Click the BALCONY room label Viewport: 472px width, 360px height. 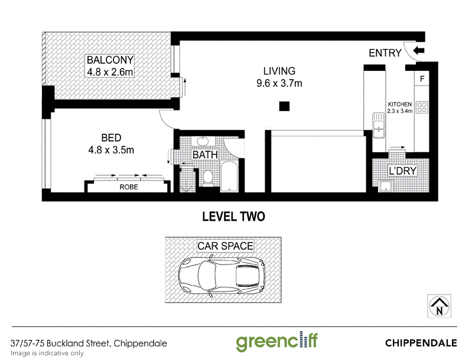click(x=110, y=60)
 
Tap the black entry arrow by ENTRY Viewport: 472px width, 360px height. click(x=418, y=51)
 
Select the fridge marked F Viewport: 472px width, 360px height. click(x=422, y=78)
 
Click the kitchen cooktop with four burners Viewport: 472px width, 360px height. click(x=422, y=107)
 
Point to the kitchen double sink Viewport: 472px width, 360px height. click(x=379, y=125)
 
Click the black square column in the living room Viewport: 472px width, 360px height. click(x=284, y=106)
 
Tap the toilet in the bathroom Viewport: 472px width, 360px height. click(x=208, y=178)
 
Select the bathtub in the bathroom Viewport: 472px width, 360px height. click(x=229, y=176)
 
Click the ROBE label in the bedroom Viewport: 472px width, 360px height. click(x=129, y=186)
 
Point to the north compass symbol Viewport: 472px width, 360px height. click(x=439, y=306)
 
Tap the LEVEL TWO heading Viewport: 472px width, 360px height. click(x=233, y=217)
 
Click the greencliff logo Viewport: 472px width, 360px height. click(x=276, y=342)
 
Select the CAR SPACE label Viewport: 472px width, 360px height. click(x=225, y=246)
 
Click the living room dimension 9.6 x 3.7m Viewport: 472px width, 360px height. click(x=279, y=83)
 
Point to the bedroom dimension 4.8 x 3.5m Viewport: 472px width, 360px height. click(x=111, y=150)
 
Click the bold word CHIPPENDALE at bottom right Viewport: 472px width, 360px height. click(x=421, y=343)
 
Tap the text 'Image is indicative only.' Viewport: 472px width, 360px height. click(x=47, y=353)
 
